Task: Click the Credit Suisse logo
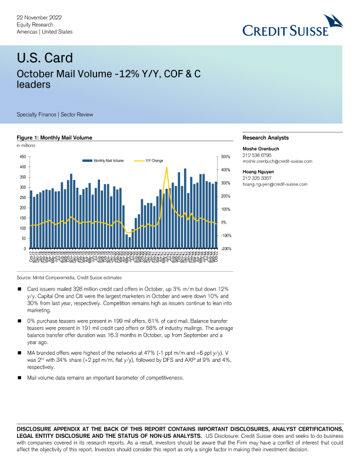(293, 27)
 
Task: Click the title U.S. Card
(45, 58)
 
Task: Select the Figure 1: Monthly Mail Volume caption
(55, 138)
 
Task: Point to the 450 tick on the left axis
(23, 157)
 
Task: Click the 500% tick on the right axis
(225, 157)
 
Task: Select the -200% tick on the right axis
(226, 249)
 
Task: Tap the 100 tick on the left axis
(23, 228)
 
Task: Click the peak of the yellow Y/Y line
(167, 168)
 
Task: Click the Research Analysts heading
(266, 138)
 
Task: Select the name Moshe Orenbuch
(262, 149)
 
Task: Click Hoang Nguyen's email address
(275, 184)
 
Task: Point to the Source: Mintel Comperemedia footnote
(69, 277)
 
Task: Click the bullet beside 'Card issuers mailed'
(20, 289)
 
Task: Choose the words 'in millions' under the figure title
(25, 145)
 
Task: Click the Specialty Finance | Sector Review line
(55, 114)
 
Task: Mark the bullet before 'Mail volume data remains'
(20, 377)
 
